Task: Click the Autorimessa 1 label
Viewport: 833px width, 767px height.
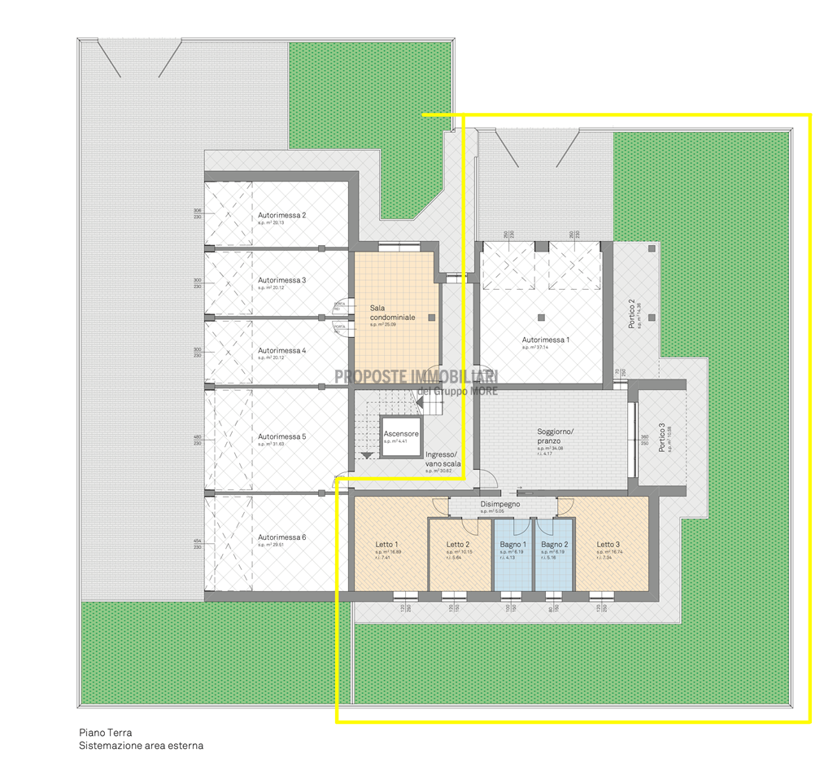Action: coord(546,340)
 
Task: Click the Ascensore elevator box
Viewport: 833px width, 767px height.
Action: coord(401,437)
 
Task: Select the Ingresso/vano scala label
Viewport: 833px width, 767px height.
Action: coord(443,459)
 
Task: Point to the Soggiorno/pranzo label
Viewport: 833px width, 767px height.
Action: coord(556,436)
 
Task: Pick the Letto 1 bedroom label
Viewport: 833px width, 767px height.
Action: coord(386,545)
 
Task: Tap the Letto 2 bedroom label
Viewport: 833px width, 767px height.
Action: coord(458,545)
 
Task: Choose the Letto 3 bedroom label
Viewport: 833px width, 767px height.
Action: coord(608,545)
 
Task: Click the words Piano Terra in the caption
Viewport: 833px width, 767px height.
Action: coord(106,733)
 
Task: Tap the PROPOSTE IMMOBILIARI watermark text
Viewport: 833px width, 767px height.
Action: coord(416,376)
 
